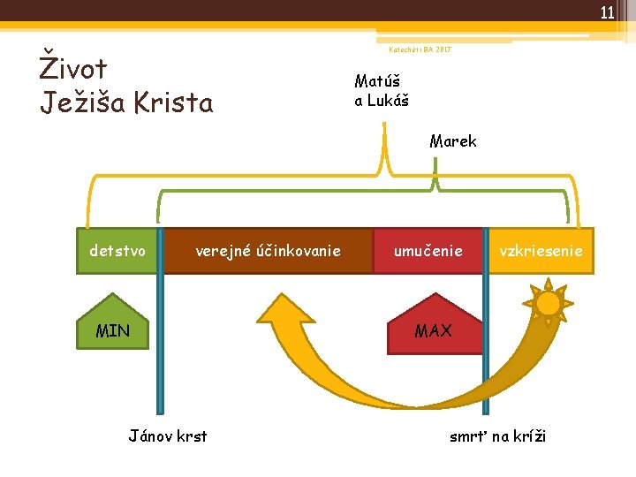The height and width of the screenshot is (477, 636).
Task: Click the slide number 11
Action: (607, 12)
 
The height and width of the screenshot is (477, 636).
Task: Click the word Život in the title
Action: (74, 68)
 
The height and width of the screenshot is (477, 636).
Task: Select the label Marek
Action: (453, 141)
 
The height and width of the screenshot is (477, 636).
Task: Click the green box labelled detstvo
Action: (118, 251)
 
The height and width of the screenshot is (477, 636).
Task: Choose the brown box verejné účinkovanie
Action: (268, 251)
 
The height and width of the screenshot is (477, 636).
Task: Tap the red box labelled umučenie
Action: (428, 251)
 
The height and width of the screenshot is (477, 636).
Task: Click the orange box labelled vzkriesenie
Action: (541, 251)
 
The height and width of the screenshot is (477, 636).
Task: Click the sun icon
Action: (549, 304)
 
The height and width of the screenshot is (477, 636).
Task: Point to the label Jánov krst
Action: (168, 435)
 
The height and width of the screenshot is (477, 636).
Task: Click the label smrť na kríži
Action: (498, 435)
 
